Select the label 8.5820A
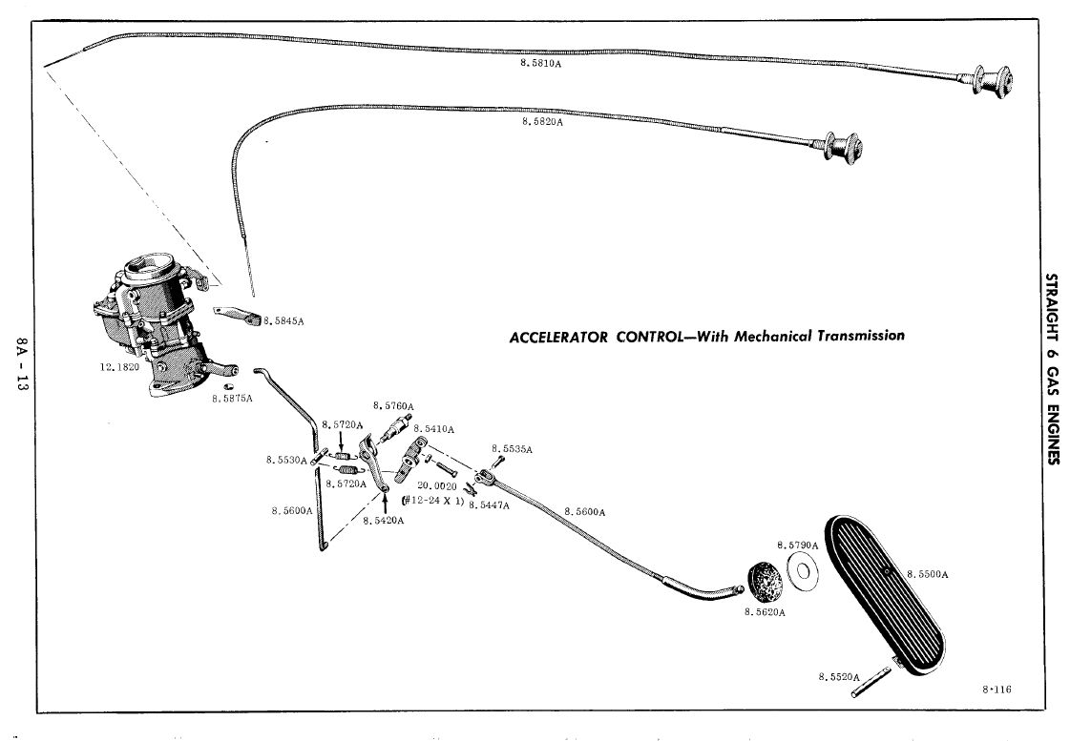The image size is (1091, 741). point(541,122)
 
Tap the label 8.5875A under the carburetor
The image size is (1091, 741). point(232,398)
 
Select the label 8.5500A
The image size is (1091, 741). point(927,574)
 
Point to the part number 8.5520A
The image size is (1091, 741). point(836,676)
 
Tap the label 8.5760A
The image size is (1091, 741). point(393,405)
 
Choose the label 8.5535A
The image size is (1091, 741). point(512,448)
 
